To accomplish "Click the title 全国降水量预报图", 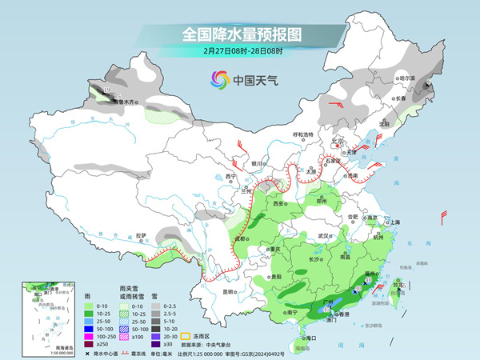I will tap(240, 34).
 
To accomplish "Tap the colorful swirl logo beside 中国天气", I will tap(218, 79).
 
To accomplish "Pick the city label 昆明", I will tap(227, 292).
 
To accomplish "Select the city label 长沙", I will tap(314, 260).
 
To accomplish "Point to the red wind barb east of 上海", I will tap(445, 217).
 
